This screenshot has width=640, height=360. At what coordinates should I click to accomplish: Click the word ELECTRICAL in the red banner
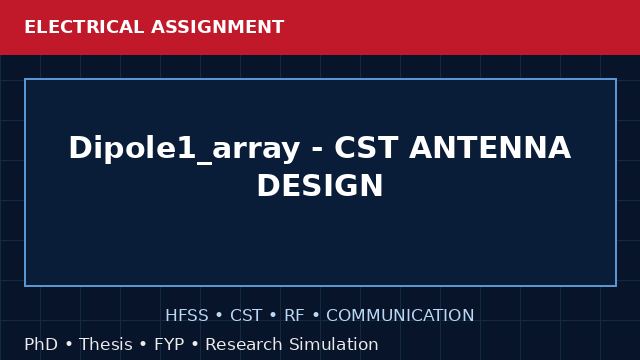pos(84,27)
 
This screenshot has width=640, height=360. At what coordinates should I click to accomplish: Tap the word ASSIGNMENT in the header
pos(218,27)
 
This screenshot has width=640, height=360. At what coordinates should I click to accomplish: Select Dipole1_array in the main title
pos(184,149)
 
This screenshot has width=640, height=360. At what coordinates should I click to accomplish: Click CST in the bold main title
pos(366,147)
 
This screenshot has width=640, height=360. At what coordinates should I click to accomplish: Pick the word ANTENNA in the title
pos(490,147)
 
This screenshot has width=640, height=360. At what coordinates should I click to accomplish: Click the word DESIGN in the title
pos(320,185)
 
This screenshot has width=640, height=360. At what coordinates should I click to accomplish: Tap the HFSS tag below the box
pos(187,315)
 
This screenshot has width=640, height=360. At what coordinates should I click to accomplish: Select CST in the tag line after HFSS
pos(246,315)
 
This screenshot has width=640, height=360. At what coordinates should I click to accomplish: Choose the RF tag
pos(294,315)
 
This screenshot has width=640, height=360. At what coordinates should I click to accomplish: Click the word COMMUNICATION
pos(400,315)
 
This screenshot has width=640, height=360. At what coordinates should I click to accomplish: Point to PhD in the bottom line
pos(41,344)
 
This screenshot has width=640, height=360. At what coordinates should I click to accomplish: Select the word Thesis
pos(106,344)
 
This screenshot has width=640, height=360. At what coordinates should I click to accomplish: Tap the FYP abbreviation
pos(169,344)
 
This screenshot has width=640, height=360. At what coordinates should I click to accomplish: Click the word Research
pos(244,344)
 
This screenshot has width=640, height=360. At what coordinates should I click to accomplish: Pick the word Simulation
pos(334,344)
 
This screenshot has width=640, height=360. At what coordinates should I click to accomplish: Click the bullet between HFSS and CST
pos(219,315)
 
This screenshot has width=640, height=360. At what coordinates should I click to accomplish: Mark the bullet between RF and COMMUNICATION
pos(316,315)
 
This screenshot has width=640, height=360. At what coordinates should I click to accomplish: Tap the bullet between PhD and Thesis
pos(69,344)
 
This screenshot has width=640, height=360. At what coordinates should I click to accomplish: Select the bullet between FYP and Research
pos(195,344)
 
